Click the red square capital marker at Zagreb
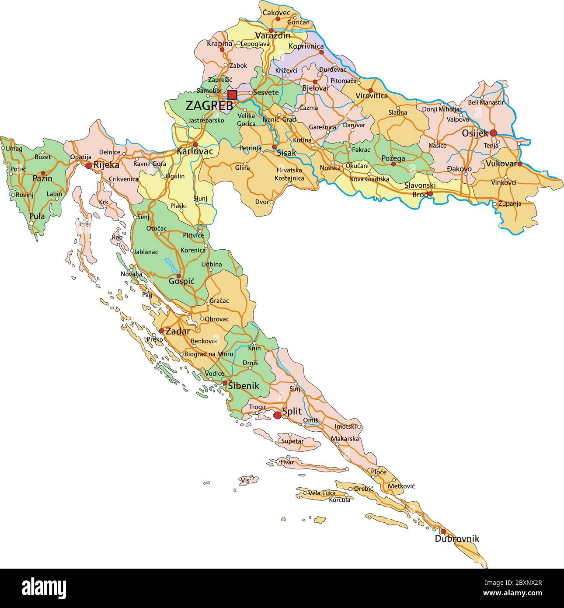tap(232, 95)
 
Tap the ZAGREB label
tap(209, 106)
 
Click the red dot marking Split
tap(277, 415)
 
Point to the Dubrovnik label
tap(457, 539)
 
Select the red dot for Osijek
tap(493, 133)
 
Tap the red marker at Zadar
tap(161, 331)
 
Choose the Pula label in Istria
tap(37, 216)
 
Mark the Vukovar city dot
tap(520, 164)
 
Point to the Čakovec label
tap(276, 13)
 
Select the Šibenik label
tap(244, 386)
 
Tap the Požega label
tap(393, 158)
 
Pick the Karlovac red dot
tap(195, 144)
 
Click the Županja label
tap(510, 203)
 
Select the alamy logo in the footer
tap(44, 587)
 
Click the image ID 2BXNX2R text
tap(514, 583)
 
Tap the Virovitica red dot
tap(370, 90)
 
